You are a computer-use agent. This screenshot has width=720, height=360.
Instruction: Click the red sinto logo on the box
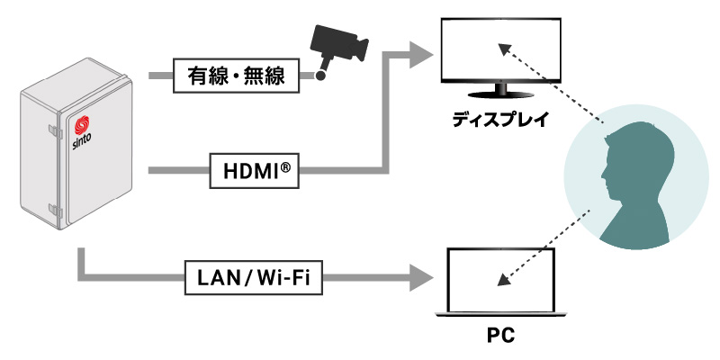click(x=83, y=125)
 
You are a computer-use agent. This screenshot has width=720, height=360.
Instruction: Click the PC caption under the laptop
click(x=500, y=337)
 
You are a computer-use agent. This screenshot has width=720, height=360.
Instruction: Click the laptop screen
click(x=500, y=277)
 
